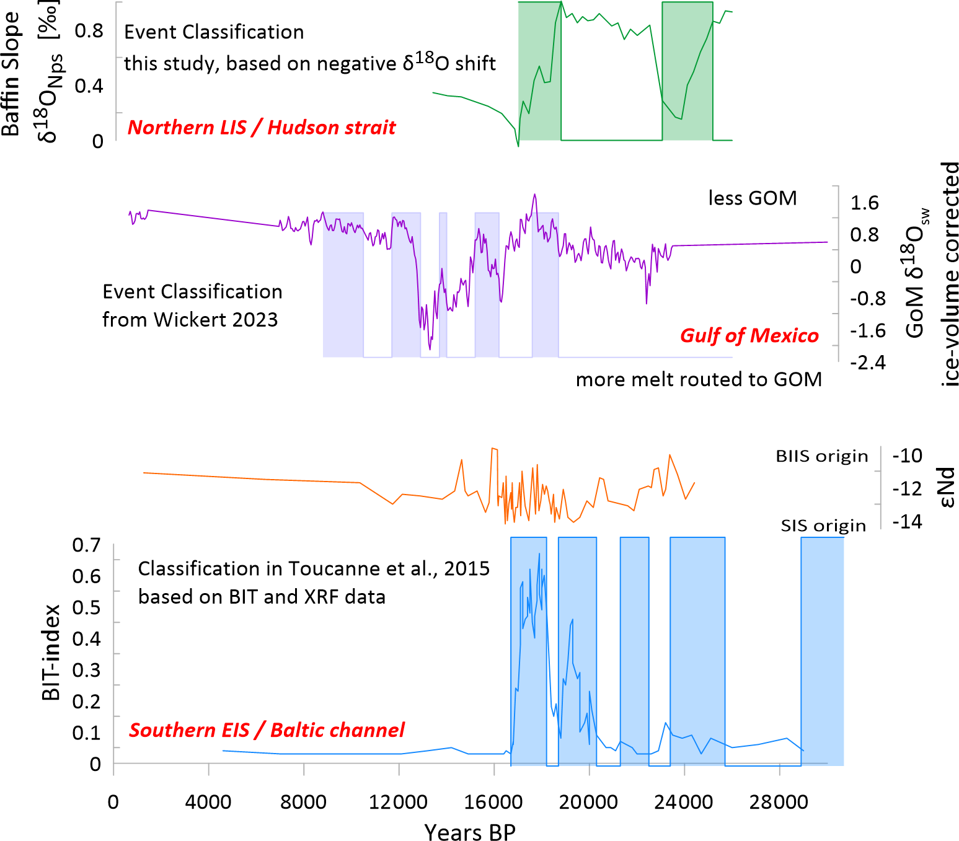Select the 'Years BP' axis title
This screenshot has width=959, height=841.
pos(470,832)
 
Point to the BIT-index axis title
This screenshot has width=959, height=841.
pos(51,652)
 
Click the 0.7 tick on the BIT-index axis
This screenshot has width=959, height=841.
pos(86,545)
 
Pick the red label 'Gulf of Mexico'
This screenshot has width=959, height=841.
pos(749,335)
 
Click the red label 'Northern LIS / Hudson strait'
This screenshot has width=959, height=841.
pos(261,127)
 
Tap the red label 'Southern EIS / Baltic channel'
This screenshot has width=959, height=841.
pos(267,730)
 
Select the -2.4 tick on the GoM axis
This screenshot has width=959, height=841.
pos(867,363)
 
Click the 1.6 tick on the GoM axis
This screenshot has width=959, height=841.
pos(864,203)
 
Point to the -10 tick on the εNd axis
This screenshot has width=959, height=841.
pos(907,456)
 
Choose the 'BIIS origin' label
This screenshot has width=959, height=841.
pos(821,456)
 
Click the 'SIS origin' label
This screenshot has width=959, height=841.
pos(823,526)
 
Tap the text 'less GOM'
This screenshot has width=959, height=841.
pos(753,198)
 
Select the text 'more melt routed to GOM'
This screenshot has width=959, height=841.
pos(699,379)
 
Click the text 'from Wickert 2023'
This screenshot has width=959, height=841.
pos(190,320)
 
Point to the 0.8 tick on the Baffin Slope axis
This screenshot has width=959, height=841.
pos(89,30)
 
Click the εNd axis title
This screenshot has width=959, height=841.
pos(947,488)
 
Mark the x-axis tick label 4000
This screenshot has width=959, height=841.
pos(208,803)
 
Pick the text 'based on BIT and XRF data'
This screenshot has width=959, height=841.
pos(262,597)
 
